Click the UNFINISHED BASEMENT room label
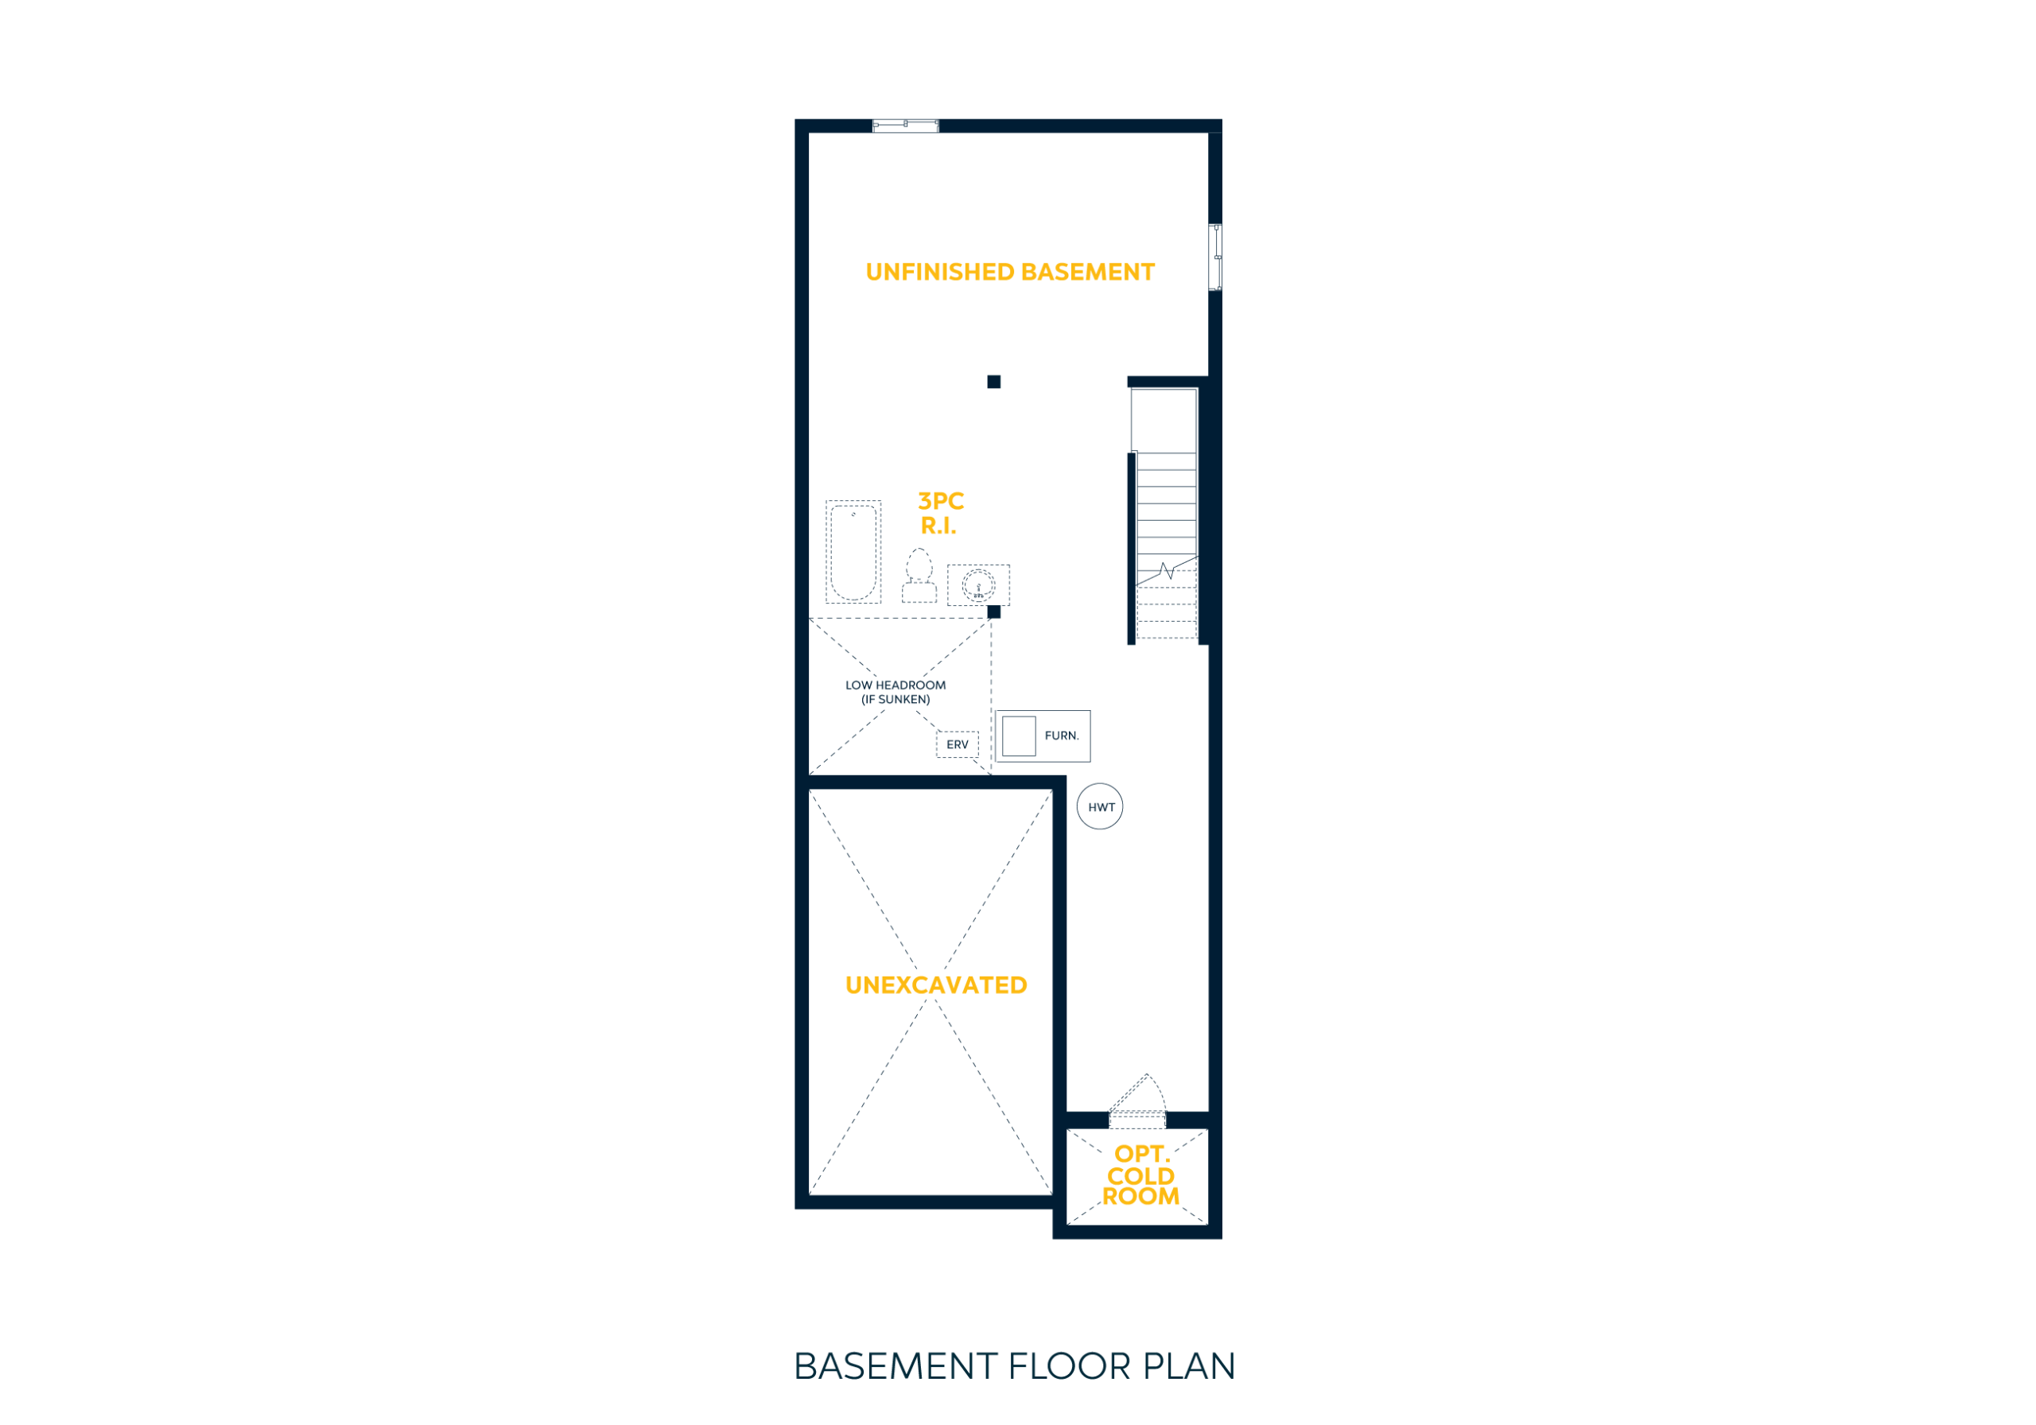point(1010,272)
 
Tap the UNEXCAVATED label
point(935,985)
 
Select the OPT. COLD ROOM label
point(1140,1176)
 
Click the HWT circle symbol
point(1100,807)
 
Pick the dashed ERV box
point(958,745)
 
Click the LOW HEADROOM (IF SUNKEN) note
point(896,693)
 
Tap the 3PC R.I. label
point(940,514)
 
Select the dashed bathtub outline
point(853,553)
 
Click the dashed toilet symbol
point(919,577)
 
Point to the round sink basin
point(979,586)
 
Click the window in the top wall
point(905,126)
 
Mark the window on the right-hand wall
point(1216,257)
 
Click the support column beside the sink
point(994,612)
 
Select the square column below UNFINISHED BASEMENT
point(994,382)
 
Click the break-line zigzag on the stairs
point(1167,570)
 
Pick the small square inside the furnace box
point(1019,736)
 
